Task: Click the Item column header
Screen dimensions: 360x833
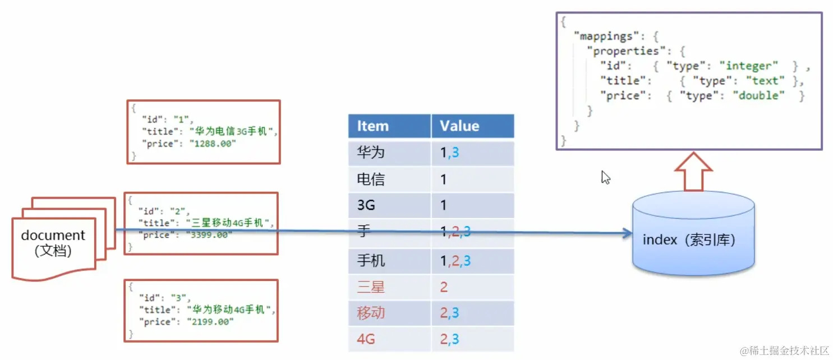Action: [x=373, y=126]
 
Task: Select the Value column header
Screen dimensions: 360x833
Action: [x=459, y=126]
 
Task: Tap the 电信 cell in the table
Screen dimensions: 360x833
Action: [x=371, y=179]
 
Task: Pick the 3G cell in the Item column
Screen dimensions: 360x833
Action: [x=366, y=206]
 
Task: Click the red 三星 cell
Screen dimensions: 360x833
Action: [x=371, y=288]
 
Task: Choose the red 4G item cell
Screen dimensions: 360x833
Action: [x=366, y=339]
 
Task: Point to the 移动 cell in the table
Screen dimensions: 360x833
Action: [x=371, y=313]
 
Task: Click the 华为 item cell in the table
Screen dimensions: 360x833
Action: [x=371, y=153]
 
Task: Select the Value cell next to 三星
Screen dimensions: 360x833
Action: [x=444, y=288]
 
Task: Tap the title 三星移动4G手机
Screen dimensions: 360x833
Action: [x=231, y=223]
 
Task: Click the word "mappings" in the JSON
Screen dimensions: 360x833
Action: [x=606, y=36]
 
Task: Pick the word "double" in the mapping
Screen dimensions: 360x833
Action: [x=759, y=96]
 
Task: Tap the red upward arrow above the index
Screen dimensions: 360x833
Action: [x=693, y=171]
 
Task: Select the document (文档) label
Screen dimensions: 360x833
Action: [x=53, y=243]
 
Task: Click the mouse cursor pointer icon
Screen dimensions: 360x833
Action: [x=605, y=178]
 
